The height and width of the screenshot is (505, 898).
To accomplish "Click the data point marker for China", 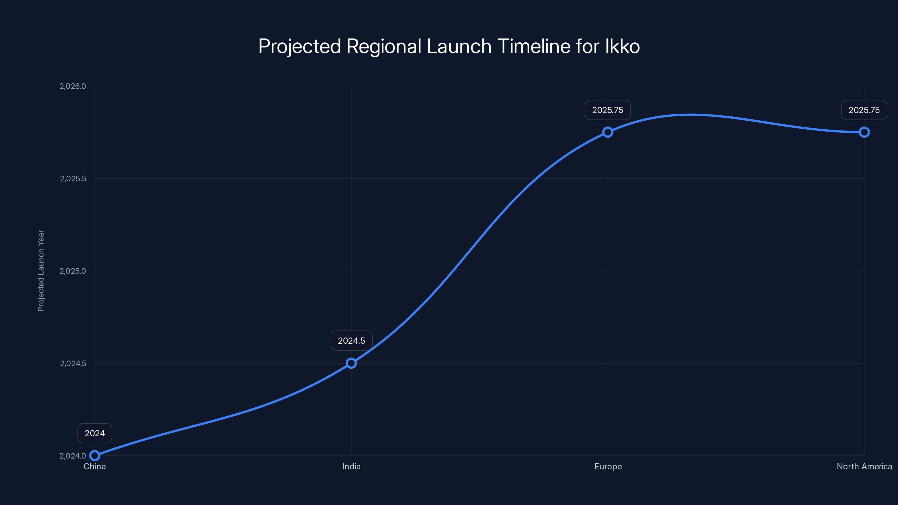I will click(x=95, y=456).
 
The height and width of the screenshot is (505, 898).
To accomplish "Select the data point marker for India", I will click(x=351, y=363).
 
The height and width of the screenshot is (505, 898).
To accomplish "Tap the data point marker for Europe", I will click(x=608, y=132).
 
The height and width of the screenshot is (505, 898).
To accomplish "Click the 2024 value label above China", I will click(x=95, y=433).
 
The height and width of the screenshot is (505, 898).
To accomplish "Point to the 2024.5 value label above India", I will click(x=351, y=341).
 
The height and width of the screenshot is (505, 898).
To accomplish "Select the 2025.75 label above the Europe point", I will click(x=608, y=110).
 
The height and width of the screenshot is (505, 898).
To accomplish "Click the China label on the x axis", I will click(x=95, y=466).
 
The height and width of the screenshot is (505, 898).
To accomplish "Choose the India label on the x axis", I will click(x=351, y=466).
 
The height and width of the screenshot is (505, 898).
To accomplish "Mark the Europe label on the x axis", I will click(x=608, y=466).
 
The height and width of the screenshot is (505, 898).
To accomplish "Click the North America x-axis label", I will click(x=864, y=466).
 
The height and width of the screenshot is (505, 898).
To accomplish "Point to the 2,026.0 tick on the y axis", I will click(x=72, y=86).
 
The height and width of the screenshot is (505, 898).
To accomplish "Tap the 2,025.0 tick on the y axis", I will click(x=72, y=271).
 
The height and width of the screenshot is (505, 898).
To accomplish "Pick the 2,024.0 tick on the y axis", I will click(x=72, y=456).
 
